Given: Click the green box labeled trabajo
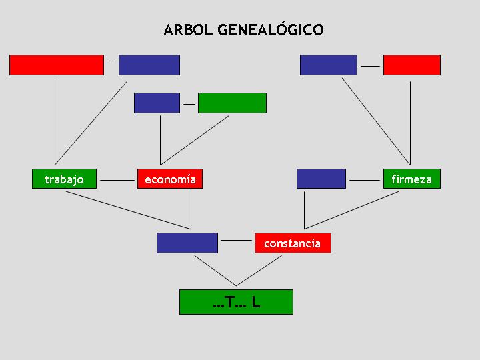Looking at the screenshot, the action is click(64, 179).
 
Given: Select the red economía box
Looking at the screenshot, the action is click(170, 179).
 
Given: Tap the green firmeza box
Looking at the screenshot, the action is click(412, 179).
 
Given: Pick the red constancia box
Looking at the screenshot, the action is click(293, 243).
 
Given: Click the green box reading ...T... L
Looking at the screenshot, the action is click(236, 302).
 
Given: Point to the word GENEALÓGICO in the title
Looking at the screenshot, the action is click(271, 30).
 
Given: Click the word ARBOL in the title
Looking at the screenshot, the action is click(188, 30).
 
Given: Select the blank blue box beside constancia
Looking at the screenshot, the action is click(187, 243).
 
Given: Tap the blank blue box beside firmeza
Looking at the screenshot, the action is click(321, 179).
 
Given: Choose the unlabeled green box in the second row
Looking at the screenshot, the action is click(232, 103).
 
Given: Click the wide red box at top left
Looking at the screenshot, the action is click(57, 65).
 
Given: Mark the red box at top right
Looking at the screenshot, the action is click(412, 65).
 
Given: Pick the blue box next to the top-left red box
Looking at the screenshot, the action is click(149, 65).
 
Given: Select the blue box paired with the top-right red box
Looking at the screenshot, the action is click(329, 65).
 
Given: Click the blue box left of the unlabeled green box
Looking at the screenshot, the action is click(157, 103).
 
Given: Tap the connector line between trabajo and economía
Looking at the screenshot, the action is click(117, 180).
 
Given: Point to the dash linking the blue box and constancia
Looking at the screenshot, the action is click(236, 240).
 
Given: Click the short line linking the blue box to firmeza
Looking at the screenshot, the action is click(365, 180).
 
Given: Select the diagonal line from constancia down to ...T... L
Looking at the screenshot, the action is click(259, 271).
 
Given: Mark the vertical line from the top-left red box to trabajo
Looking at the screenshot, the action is click(55, 121).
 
